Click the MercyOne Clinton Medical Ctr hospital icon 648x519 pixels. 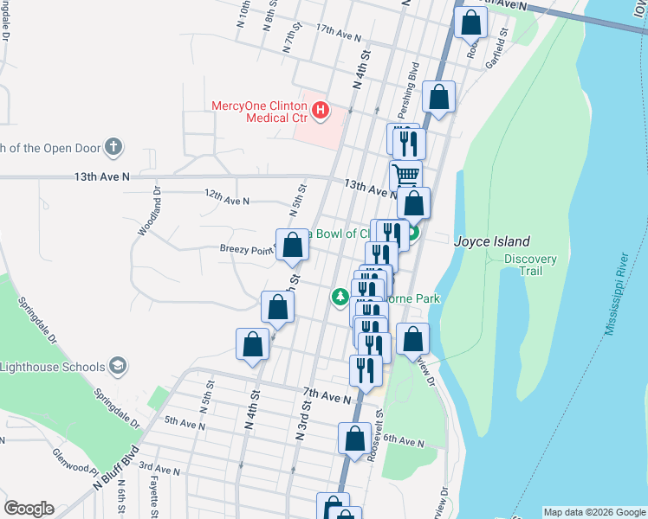pos(321,110)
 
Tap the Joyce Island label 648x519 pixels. pos(491,242)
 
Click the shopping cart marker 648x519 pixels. pos(405,176)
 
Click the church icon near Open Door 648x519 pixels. pos(113,147)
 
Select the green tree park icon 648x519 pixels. pos(340,298)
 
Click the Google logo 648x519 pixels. pos(29,509)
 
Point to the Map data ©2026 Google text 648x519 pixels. pos(593,512)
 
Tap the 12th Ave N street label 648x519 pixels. pos(226,201)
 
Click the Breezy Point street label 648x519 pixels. pos(245,250)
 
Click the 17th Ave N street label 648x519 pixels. pos(338,33)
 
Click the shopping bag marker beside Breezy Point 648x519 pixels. pos(293,245)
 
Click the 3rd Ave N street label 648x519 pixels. pos(158,471)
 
